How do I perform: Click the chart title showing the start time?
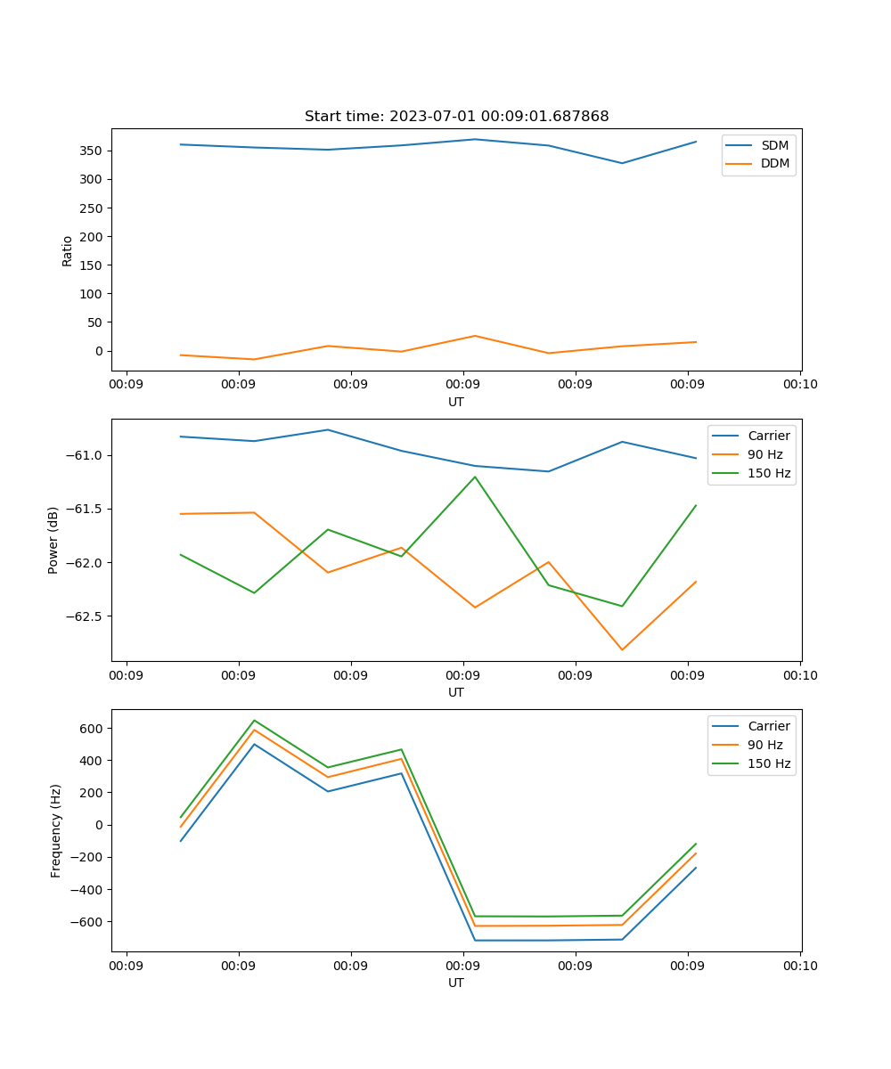tap(456, 117)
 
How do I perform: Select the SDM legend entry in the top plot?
tap(774, 145)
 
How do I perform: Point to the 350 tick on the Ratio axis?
tap(93, 151)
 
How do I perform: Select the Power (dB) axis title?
tap(53, 540)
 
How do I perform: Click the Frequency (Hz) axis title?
tap(55, 830)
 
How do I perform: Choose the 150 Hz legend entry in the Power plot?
tap(769, 473)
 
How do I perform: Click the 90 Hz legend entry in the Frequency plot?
tap(765, 745)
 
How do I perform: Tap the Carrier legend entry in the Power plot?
tap(768, 436)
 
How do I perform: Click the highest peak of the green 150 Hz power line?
tap(475, 477)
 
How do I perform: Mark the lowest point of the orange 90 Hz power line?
tap(622, 649)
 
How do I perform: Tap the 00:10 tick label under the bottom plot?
tap(799, 966)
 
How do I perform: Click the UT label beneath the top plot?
tap(456, 402)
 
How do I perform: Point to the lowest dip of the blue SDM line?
tap(622, 163)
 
